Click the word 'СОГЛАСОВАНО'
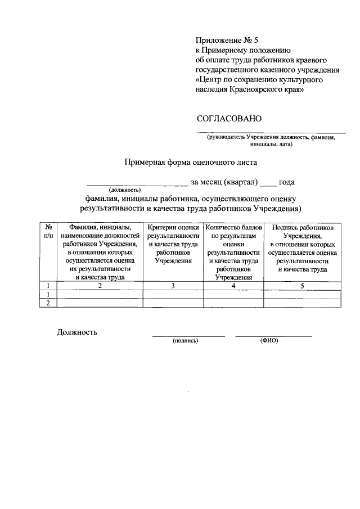pyautogui.click(x=229, y=119)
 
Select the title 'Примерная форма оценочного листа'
pyautogui.click(x=190, y=164)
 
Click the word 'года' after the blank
pyautogui.click(x=287, y=182)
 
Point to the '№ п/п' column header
pyautogui.click(x=48, y=231)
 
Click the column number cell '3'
pyautogui.click(x=173, y=286)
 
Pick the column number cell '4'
pyautogui.click(x=233, y=286)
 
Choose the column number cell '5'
pyautogui.click(x=302, y=286)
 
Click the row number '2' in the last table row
pyautogui.click(x=48, y=303)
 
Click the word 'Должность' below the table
pyautogui.click(x=77, y=332)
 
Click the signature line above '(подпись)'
pyautogui.click(x=188, y=336)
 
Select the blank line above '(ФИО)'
pyautogui.click(x=273, y=336)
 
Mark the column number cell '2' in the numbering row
pyautogui.click(x=100, y=286)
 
